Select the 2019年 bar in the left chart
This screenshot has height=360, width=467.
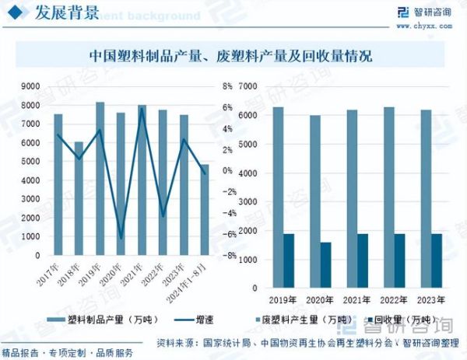pos(100,179)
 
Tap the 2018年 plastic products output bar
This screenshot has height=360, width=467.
pos(79,198)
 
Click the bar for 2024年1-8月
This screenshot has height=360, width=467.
pos(205,210)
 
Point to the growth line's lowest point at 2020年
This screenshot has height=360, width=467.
pos(121,238)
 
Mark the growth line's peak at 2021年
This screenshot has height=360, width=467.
pos(142,108)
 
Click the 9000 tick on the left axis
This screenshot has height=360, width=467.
pos(31,86)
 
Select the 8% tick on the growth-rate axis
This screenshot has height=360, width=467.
pos(227,86)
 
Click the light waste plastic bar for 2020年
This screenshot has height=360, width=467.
pos(314,201)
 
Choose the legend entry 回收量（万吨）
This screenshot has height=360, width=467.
pos(401,320)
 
